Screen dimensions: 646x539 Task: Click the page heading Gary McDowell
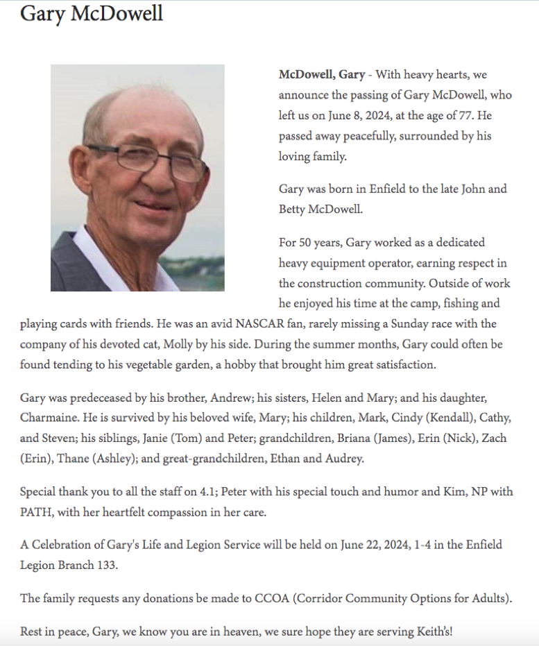point(92,13)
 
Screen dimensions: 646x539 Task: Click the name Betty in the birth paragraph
point(294,208)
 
